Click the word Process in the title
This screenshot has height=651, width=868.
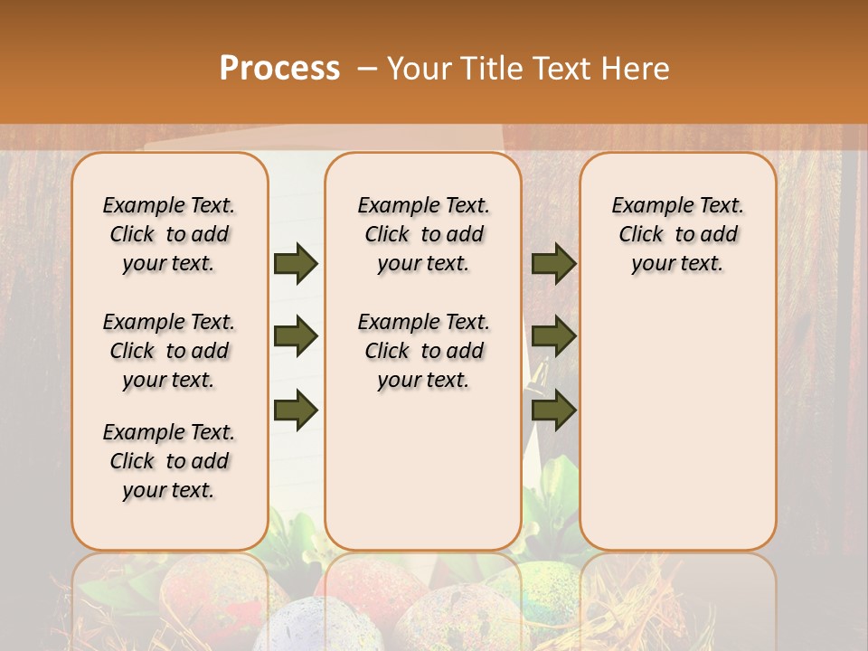[279, 69]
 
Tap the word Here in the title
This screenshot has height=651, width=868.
[636, 69]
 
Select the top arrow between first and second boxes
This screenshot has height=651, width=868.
[296, 264]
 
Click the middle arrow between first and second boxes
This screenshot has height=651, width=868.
[296, 337]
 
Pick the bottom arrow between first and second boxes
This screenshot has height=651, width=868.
[296, 410]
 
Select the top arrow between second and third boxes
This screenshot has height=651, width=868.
[553, 264]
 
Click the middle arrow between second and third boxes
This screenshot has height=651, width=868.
[553, 337]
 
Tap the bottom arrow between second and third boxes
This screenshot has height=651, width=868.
[553, 410]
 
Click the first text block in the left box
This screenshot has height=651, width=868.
[169, 234]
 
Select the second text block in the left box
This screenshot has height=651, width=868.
[169, 351]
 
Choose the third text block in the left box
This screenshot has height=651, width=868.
[169, 461]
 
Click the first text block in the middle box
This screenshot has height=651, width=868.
[423, 234]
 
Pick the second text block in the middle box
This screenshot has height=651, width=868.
[423, 351]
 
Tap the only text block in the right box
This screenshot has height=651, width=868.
[677, 234]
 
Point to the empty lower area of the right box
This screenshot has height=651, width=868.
[677, 425]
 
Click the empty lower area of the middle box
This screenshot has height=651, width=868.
[423, 470]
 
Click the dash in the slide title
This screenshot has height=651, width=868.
[366, 69]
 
